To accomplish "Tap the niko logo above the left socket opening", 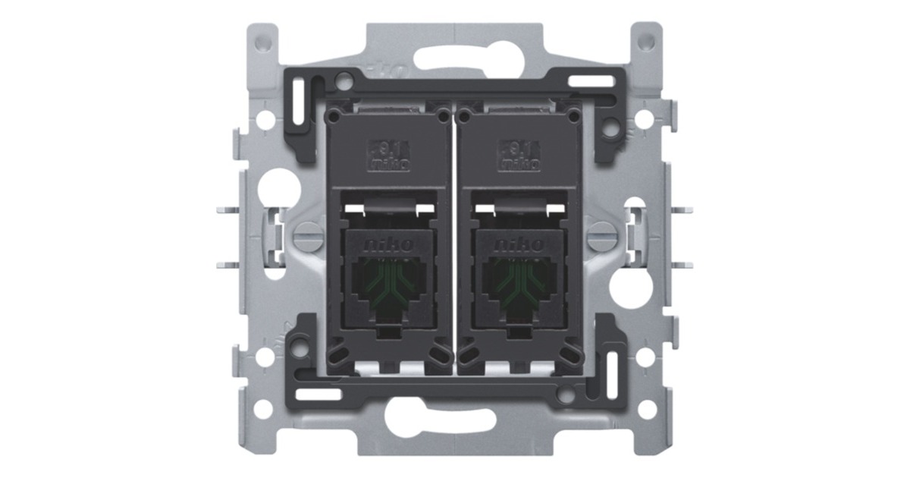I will pos(390,245).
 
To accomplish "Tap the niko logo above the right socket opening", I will pos(520,245).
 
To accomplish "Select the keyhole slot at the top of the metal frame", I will pos(454,58).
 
